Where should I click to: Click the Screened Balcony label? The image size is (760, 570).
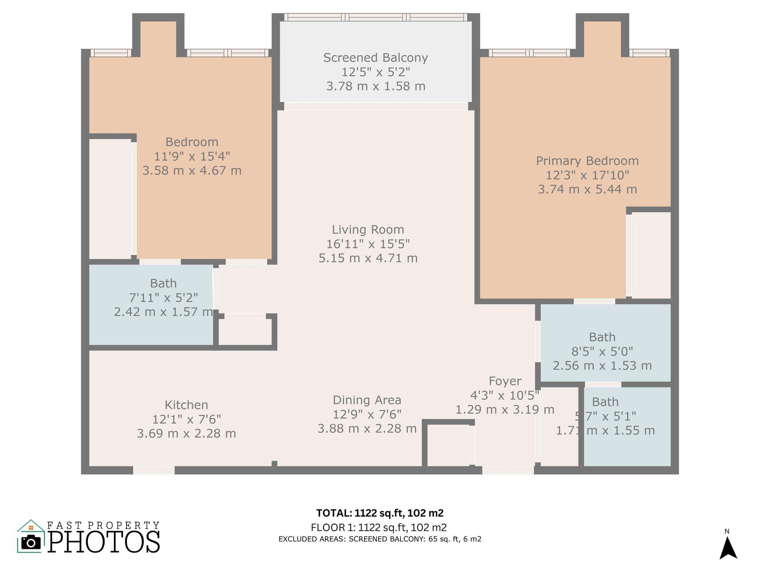[x=376, y=58]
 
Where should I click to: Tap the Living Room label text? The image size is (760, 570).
[x=368, y=230]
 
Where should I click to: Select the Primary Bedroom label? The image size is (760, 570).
[x=587, y=161]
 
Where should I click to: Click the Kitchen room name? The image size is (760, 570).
[x=186, y=404]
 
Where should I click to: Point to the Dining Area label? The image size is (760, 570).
[x=367, y=400]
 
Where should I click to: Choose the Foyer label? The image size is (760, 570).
[x=505, y=381]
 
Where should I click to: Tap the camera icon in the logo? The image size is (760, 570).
[x=31, y=543]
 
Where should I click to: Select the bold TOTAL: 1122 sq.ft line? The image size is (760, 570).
[x=380, y=513]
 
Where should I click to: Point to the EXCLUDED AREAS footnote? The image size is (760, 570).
[x=380, y=539]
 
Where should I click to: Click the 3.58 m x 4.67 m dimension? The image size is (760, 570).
[x=192, y=171]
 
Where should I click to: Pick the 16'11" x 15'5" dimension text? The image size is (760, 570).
[x=368, y=244]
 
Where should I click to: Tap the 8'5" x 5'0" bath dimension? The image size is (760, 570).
[x=602, y=351]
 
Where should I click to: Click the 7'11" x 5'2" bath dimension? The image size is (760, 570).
[x=163, y=298]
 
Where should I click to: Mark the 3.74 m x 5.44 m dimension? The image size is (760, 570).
[x=587, y=189]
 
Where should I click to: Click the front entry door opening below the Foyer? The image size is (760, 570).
[x=508, y=470]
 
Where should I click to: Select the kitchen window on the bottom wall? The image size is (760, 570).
[x=154, y=470]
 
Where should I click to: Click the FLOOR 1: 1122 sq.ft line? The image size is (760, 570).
[x=379, y=527]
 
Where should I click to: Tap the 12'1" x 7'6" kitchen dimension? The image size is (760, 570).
[x=186, y=419]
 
